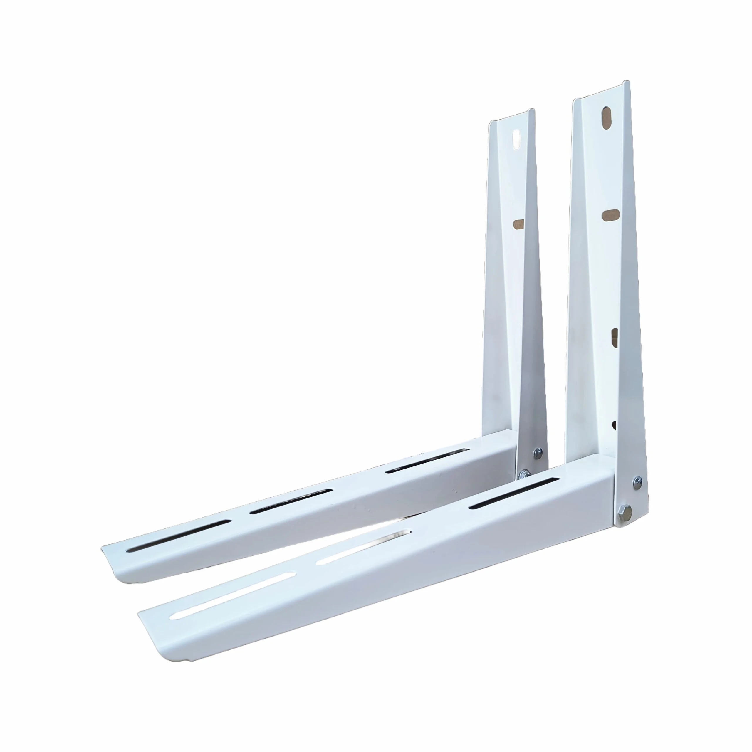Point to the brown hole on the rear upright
(x=518, y=224)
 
